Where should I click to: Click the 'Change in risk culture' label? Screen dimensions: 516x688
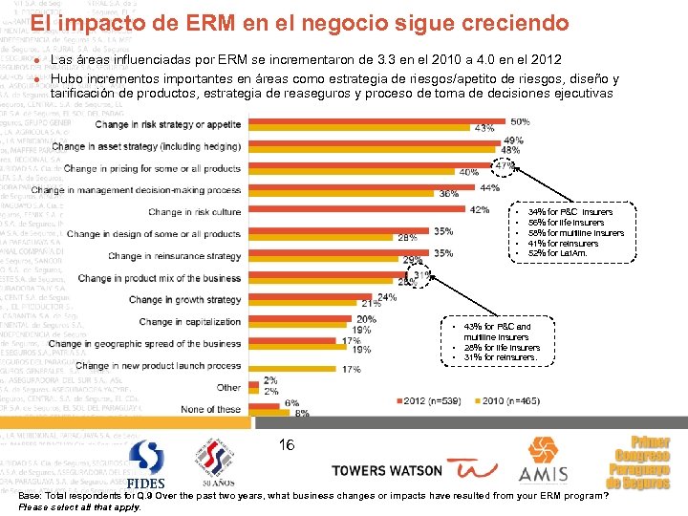point(195,212)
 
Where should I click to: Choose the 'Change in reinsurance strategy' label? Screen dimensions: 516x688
point(175,256)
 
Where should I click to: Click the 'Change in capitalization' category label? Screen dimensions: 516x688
point(190,322)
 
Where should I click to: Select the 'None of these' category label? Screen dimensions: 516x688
point(211,409)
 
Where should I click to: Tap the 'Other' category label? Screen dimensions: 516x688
point(228,388)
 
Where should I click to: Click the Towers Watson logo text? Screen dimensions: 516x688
point(386,471)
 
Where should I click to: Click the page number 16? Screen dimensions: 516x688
point(287,445)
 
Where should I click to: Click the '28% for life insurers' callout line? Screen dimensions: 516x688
point(502,348)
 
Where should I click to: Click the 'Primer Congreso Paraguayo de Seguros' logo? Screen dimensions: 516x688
point(642,462)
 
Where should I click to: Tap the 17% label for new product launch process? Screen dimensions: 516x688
point(325,369)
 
